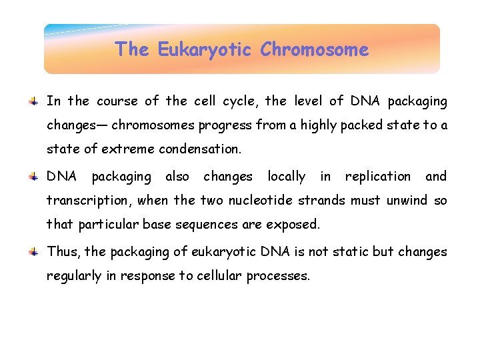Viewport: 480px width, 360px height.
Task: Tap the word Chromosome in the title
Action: click(314, 50)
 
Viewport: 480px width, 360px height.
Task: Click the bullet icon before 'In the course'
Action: click(33, 101)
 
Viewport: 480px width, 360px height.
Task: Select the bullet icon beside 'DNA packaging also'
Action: click(33, 177)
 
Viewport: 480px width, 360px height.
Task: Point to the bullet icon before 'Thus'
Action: click(33, 252)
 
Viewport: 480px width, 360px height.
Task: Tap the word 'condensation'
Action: click(204, 149)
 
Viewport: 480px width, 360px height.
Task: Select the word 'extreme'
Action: click(135, 149)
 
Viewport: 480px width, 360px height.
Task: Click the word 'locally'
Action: click(286, 177)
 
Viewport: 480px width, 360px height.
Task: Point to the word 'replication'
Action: click(377, 177)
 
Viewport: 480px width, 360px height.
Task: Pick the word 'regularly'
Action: click(73, 276)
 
